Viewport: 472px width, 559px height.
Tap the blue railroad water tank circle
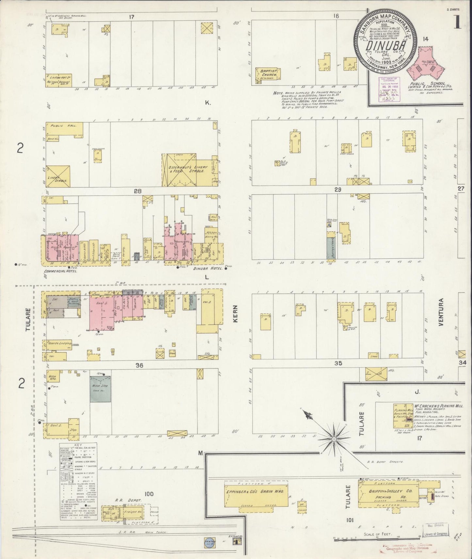pyautogui.click(x=209, y=541)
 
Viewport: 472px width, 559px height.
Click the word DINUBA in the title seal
pyautogui.click(x=385, y=46)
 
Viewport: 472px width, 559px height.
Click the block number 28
pyautogui.click(x=138, y=191)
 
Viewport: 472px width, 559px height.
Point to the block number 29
pyautogui.click(x=337, y=189)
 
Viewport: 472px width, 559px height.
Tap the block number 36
pyautogui.click(x=139, y=365)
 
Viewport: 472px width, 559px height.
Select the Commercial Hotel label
pyautogui.click(x=60, y=271)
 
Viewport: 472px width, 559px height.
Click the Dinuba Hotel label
pyautogui.click(x=208, y=269)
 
